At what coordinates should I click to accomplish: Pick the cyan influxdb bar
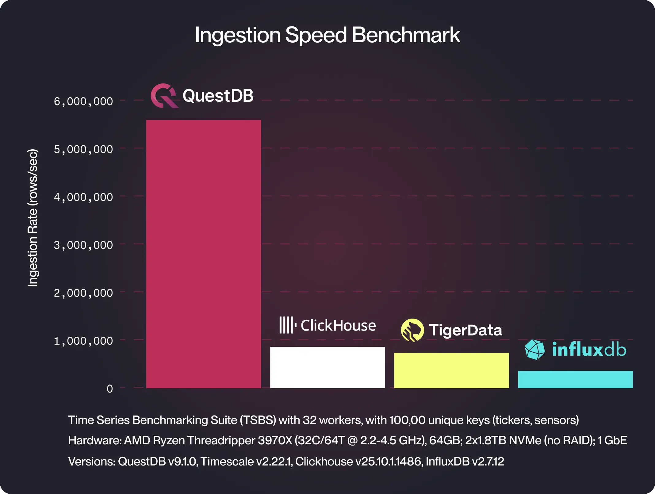tap(575, 379)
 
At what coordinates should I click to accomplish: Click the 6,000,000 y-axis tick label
tap(83, 101)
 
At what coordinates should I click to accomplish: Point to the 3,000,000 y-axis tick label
tap(83, 245)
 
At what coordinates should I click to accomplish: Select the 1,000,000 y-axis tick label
tap(83, 341)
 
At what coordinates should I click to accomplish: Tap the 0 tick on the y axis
tap(110, 389)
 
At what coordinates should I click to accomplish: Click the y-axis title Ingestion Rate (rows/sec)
tap(33, 218)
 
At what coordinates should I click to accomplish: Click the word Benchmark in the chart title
tap(406, 35)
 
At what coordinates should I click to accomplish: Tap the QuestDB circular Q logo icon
tap(164, 96)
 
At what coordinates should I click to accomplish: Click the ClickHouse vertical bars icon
tap(287, 325)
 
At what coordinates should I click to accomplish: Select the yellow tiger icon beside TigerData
tap(412, 330)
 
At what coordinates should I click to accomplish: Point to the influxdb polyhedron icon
tap(535, 349)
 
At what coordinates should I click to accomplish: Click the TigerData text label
tap(465, 330)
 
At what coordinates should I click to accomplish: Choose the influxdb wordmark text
tap(589, 349)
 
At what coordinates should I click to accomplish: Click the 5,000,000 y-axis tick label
tap(83, 150)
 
